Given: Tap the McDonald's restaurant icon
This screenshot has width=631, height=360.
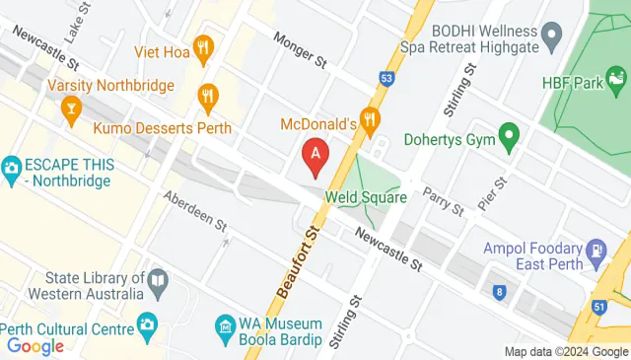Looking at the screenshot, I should coord(370,122).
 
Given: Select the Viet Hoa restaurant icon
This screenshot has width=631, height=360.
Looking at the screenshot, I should coord(204,45).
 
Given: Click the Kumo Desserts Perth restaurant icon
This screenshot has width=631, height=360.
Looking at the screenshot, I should coord(207,96).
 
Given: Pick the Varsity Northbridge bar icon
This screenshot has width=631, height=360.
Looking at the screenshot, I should coord(70,110).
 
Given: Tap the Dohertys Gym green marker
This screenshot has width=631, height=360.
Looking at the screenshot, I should coord(509,135).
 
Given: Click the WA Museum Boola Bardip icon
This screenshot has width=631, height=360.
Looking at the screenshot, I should coord(226,324).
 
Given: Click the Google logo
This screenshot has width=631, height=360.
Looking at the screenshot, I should coord(35,345).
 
